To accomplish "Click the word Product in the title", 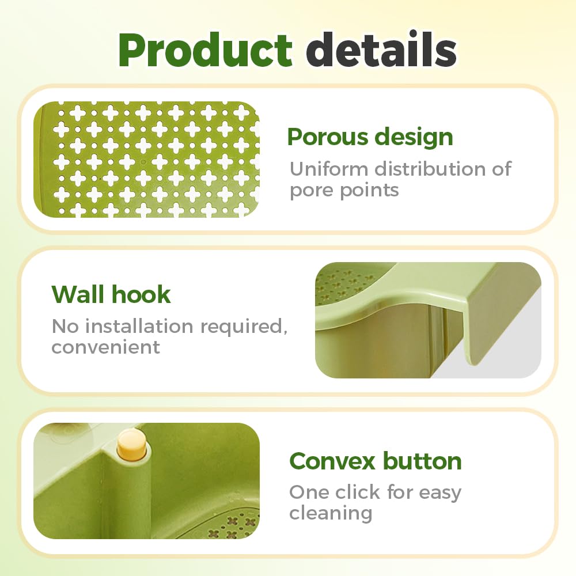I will click(x=205, y=51).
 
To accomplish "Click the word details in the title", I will click(x=381, y=51).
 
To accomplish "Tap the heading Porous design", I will click(x=370, y=137).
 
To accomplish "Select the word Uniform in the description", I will click(x=329, y=169).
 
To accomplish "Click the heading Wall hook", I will click(x=111, y=294).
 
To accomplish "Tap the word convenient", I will click(x=105, y=347).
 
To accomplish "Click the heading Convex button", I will click(x=375, y=461).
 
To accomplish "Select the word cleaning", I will click(x=330, y=513).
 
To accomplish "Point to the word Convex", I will click(x=332, y=461).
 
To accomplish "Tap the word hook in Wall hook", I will click(x=142, y=294).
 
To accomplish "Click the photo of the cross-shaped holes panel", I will click(x=146, y=160).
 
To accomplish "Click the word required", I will click(x=243, y=326).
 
